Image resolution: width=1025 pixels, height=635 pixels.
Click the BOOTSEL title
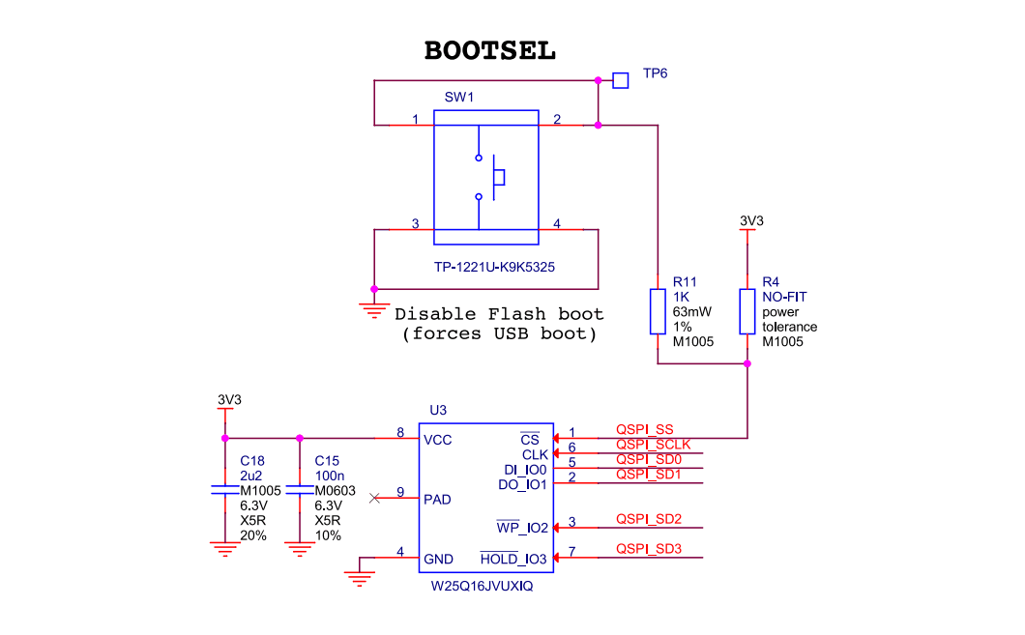(x=490, y=51)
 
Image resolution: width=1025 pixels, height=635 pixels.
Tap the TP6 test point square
(x=621, y=79)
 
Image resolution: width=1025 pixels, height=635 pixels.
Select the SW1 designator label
(x=459, y=98)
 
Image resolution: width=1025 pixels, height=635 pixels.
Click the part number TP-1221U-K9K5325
(x=486, y=266)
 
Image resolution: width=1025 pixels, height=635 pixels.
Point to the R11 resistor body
(x=659, y=311)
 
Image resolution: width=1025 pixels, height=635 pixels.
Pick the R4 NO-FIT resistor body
(x=747, y=311)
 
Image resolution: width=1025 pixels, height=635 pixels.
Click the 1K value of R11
(x=681, y=298)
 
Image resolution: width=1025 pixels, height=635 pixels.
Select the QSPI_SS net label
(x=644, y=429)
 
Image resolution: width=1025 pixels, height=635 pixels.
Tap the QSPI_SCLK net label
(x=653, y=444)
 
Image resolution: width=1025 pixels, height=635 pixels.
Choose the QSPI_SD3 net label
(x=649, y=550)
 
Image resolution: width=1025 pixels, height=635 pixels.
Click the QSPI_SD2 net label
(x=649, y=520)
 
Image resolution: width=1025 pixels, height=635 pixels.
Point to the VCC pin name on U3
(x=437, y=440)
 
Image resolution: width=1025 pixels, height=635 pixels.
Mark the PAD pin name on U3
(x=438, y=500)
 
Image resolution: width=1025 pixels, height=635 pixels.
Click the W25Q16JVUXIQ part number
(x=482, y=587)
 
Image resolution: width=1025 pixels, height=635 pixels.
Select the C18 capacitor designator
(x=251, y=460)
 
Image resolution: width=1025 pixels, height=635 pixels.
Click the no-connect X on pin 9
(x=375, y=499)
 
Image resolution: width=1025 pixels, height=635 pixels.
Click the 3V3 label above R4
(x=751, y=220)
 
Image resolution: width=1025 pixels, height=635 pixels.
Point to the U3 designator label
(x=438, y=410)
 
